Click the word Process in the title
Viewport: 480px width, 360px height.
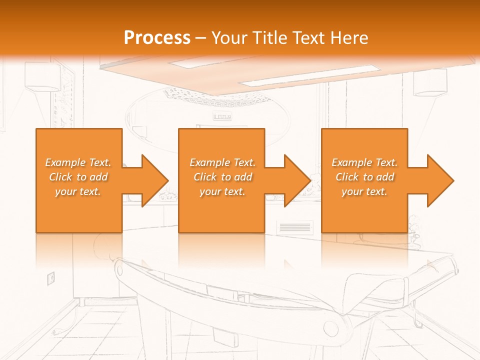(157, 38)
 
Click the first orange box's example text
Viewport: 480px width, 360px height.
(78, 177)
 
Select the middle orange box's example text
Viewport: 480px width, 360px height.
(222, 177)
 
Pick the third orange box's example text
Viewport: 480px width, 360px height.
(364, 177)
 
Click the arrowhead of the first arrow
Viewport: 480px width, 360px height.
(155, 180)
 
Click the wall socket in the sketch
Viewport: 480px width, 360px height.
(50, 278)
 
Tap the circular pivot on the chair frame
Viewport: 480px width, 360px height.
(330, 328)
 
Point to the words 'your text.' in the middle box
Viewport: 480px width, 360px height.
(222, 191)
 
